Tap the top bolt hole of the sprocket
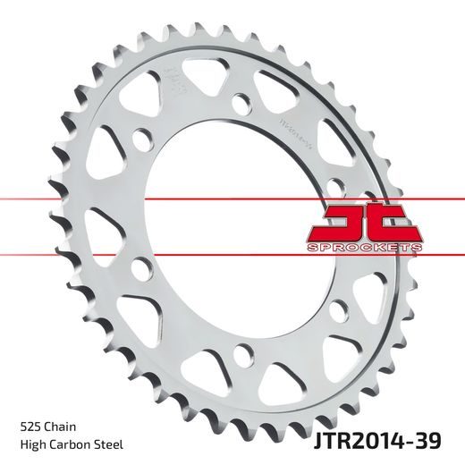241,103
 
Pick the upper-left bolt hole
142,141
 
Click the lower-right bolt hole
336,309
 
